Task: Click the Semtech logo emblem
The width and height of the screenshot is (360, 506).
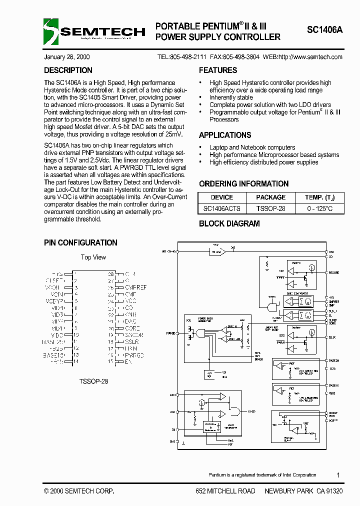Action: pos(51,31)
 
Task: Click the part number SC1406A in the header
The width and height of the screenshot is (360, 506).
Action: pos(325,30)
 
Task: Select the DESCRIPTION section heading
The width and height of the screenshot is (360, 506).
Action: pos(68,70)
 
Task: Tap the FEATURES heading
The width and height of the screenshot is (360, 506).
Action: pos(218,70)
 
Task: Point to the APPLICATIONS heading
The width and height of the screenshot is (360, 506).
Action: pos(225,135)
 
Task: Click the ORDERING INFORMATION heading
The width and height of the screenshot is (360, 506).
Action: pos(243,183)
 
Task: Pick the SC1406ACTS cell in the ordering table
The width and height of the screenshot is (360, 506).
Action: pos(221,208)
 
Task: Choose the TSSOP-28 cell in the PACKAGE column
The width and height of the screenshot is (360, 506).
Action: pos(270,208)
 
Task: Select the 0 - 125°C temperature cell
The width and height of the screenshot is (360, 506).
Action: pos(319,208)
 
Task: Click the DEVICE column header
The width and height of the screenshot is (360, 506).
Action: pos(221,197)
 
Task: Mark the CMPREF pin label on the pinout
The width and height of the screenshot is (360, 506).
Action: pos(135,287)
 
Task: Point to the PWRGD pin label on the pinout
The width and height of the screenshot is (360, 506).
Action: pos(134,354)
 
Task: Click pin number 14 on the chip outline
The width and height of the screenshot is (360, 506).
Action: pos(76,361)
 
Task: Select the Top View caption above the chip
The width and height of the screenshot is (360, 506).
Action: pos(93,257)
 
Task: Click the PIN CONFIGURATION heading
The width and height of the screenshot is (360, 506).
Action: pos(80,242)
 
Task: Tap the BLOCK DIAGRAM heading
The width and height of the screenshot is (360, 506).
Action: pos(229,223)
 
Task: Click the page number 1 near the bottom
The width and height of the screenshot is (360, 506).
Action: pos(338,475)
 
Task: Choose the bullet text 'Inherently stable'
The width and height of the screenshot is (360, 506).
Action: pos(231,97)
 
